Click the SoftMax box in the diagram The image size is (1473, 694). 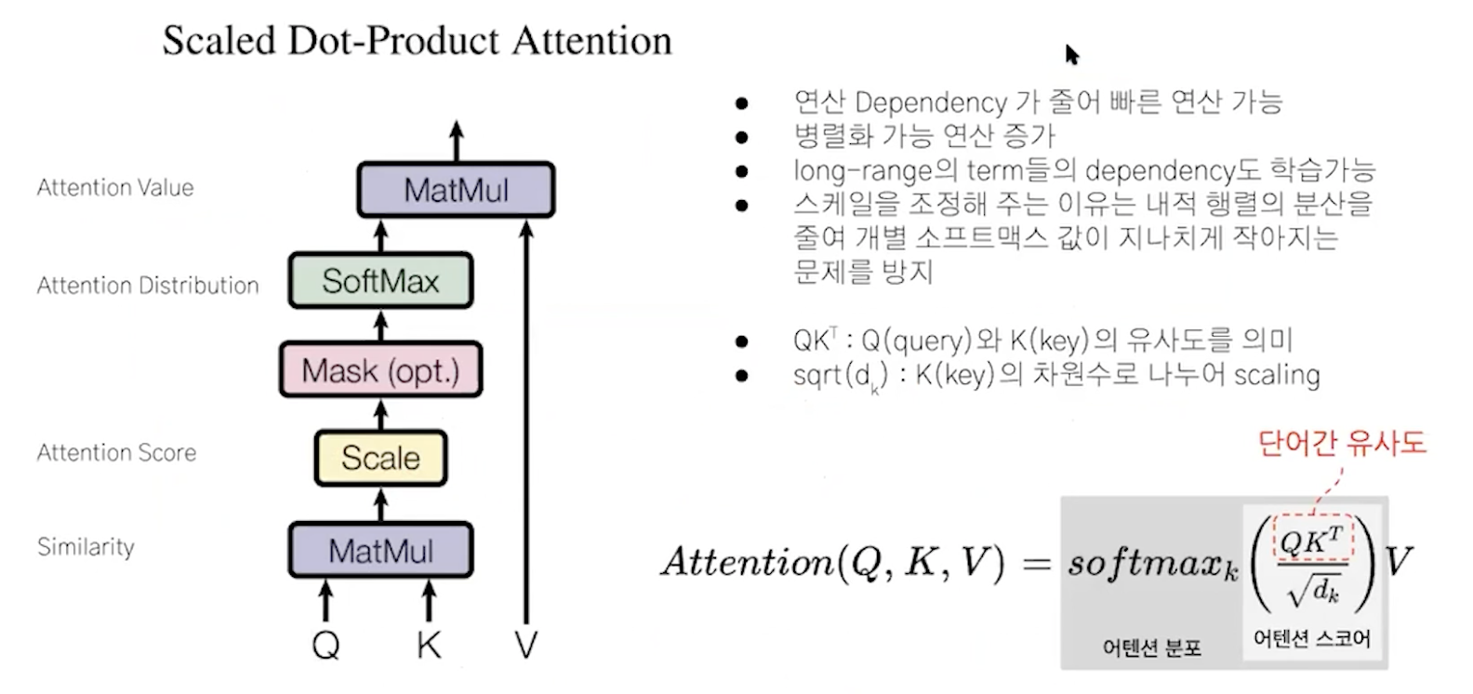coord(380,280)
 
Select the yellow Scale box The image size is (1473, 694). coord(380,458)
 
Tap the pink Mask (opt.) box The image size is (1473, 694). coord(380,370)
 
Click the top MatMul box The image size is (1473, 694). coord(456,190)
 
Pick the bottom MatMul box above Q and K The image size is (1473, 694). coord(380,551)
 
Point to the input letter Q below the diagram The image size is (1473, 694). coord(325,644)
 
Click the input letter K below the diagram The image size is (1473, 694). coord(429,644)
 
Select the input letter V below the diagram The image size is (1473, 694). coord(526,644)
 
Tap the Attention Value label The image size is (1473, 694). coord(115,187)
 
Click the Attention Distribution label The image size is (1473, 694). coord(148,285)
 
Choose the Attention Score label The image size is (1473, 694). coord(116,452)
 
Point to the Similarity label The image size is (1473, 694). coord(86,546)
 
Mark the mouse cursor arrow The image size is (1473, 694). coord(1071,54)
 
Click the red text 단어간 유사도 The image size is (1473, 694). coord(1341,442)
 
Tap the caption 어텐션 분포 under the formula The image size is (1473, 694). coord(1151,647)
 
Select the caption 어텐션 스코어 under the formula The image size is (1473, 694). coord(1311,638)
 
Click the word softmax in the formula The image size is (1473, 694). coord(1144,562)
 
